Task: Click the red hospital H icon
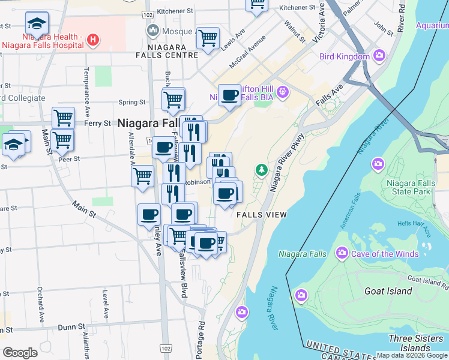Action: [93, 40]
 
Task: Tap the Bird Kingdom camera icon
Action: [379, 56]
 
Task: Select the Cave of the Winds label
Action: [385, 254]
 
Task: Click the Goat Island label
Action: [388, 291]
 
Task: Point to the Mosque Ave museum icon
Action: [152, 29]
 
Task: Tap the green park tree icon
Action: [261, 170]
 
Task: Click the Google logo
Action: [20, 353]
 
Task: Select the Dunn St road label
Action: [71, 328]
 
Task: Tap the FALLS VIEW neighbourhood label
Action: [262, 215]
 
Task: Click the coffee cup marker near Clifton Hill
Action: [229, 94]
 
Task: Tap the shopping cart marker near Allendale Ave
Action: [142, 176]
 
